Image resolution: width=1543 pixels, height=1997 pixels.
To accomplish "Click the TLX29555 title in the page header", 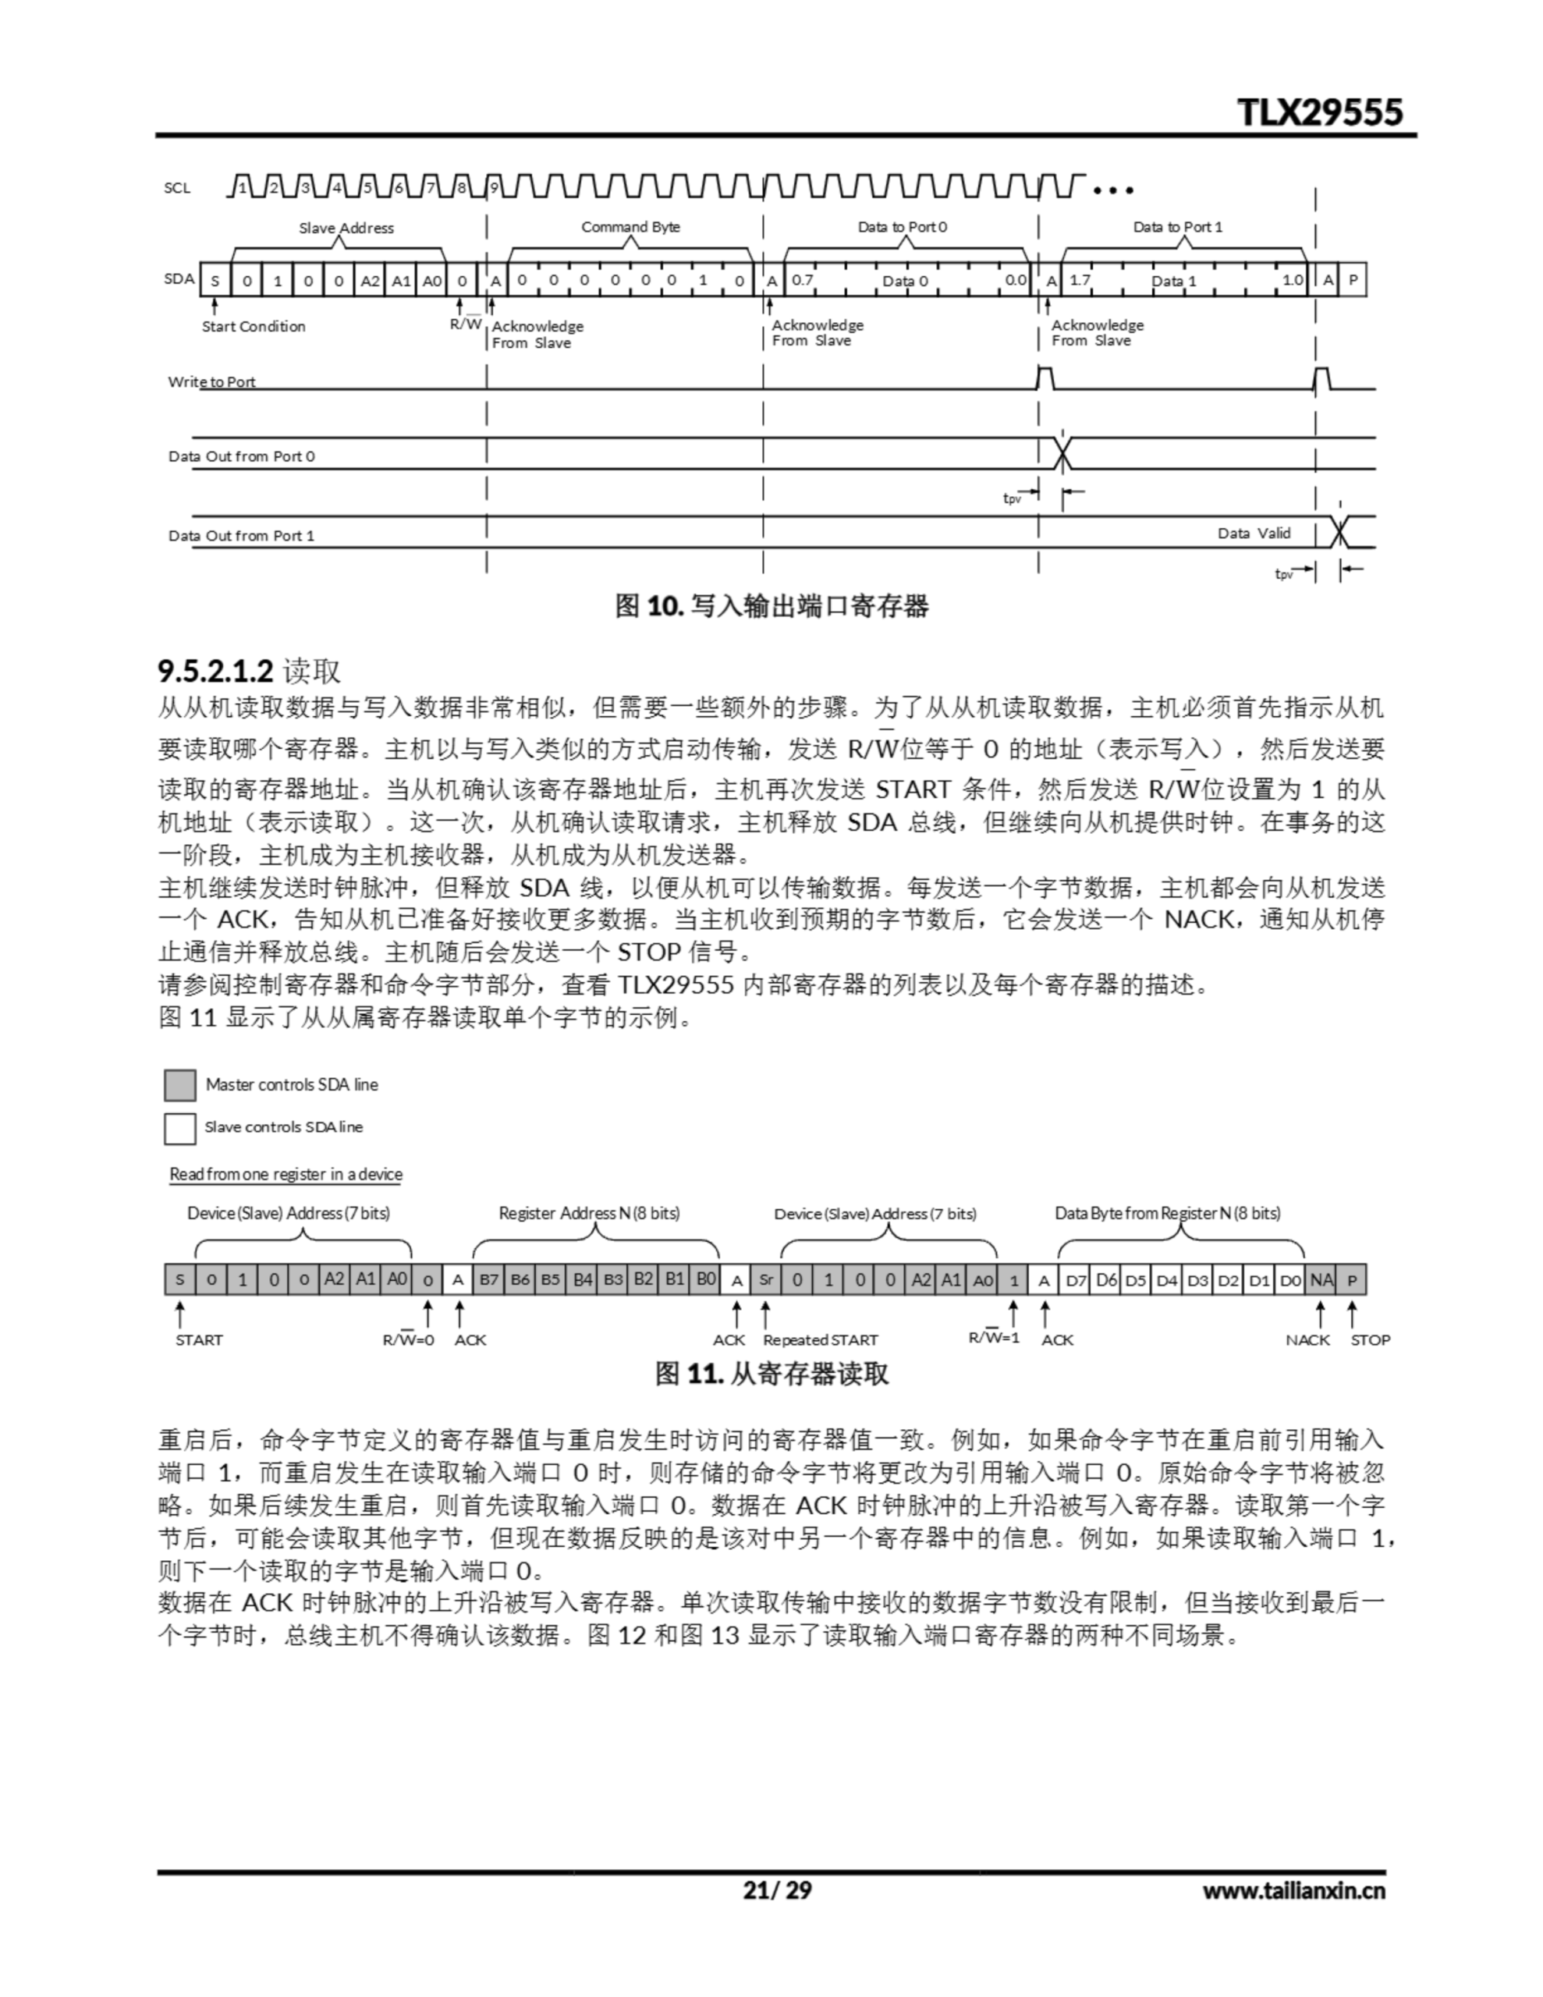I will [1319, 112].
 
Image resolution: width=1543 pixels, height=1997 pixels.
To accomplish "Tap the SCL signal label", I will [177, 188].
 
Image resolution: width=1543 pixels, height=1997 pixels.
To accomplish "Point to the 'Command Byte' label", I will [630, 227].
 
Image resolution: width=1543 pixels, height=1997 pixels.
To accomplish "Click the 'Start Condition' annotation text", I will [254, 326].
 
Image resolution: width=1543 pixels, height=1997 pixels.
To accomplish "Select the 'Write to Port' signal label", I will [211, 381].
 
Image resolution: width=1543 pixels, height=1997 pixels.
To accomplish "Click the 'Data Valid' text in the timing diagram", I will [1253, 533].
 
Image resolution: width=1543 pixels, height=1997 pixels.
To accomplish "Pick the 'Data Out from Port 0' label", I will [242, 456].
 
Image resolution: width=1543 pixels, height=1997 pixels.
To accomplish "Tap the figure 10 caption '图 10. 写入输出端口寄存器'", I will [771, 605].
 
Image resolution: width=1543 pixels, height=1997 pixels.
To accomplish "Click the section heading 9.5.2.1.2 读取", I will [249, 670].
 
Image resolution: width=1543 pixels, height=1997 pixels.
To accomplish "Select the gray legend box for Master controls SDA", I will [179, 1084].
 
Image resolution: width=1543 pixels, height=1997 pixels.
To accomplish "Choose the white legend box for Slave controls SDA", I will [179, 1127].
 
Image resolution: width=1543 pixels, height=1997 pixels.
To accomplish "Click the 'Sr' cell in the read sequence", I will [765, 1280].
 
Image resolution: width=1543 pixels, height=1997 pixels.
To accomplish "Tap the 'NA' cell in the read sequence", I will [1321, 1280].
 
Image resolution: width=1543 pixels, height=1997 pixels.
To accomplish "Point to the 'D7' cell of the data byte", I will [1076, 1280].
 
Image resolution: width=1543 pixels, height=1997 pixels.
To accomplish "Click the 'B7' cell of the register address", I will [488, 1280].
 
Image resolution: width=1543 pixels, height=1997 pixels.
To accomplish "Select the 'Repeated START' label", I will [820, 1339].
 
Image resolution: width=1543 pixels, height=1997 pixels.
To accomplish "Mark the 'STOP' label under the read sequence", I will [1369, 1339].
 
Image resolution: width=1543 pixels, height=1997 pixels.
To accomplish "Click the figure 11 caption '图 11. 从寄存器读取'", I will [771, 1374].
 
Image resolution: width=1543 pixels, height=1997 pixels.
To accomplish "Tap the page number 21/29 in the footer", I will [776, 1890].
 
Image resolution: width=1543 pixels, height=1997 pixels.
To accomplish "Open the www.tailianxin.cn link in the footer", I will [1293, 1890].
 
